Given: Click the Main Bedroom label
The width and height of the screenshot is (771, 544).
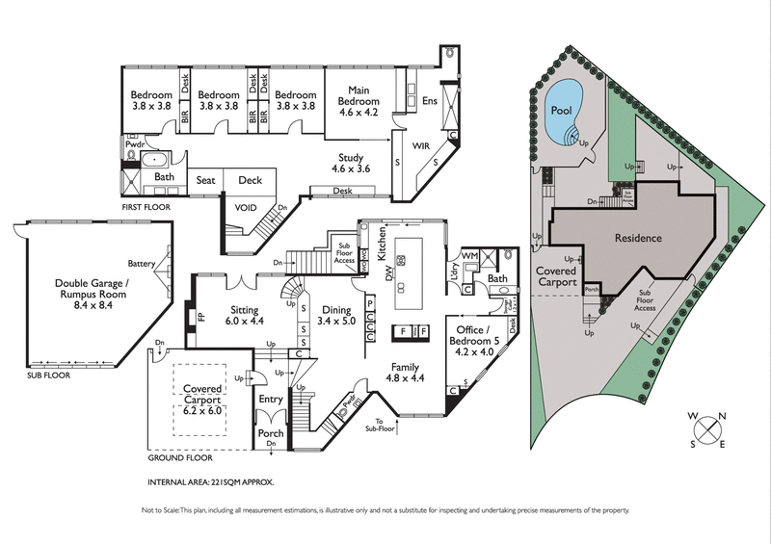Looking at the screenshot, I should click(x=358, y=101).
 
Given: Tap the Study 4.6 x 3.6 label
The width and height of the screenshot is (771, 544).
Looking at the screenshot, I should click(x=351, y=163).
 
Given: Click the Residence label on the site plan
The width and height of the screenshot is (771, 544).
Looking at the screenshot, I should click(x=639, y=237).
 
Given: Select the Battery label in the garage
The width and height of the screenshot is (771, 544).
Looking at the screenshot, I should click(x=142, y=264).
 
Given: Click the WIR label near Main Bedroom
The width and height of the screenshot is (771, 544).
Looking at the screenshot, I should click(x=420, y=147).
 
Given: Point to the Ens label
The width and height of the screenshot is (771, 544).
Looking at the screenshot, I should click(x=430, y=100).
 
